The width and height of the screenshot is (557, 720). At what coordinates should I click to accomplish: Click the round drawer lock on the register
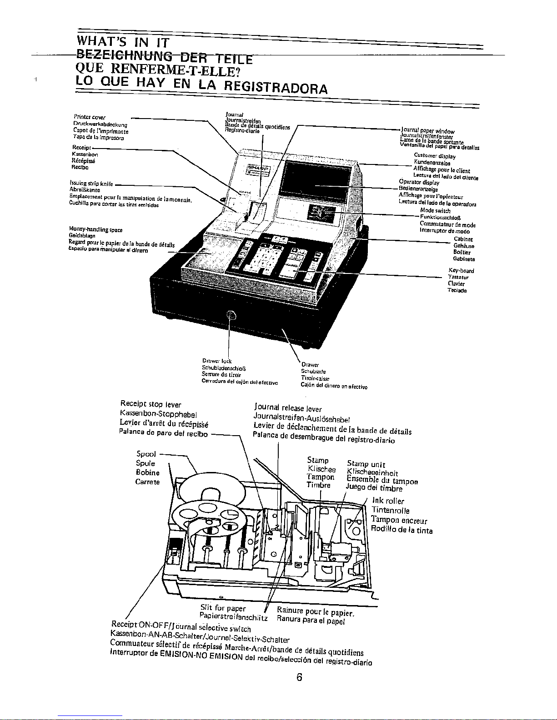(x=231, y=315)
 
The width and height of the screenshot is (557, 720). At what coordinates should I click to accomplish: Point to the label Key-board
(x=455, y=271)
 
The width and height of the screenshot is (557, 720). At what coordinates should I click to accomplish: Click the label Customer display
(x=435, y=156)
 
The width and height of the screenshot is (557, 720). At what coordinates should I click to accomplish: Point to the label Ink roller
(x=388, y=502)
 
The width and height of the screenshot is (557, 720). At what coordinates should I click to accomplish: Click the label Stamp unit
(x=366, y=464)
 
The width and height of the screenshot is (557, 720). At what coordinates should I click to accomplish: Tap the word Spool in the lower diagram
(x=146, y=454)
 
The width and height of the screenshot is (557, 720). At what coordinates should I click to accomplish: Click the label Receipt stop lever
(x=151, y=404)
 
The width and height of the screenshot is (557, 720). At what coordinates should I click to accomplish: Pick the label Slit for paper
(x=223, y=608)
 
